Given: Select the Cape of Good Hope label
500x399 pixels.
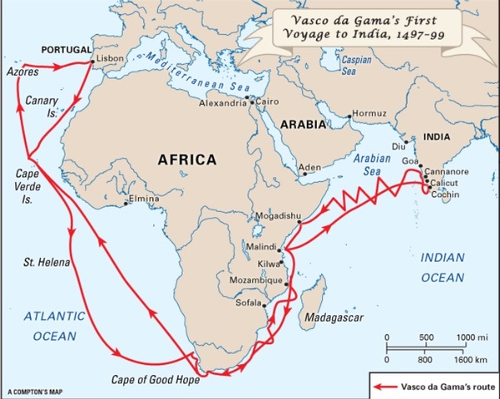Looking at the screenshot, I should click(156, 380).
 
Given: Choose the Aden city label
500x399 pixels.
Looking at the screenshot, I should click(309, 166).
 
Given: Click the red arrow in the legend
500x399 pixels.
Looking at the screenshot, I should click(384, 387).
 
